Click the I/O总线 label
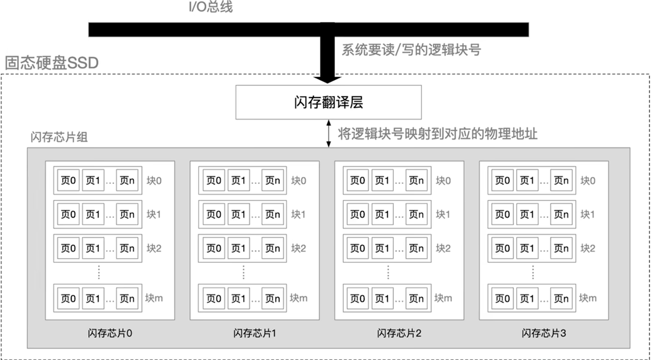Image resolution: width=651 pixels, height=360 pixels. (x=211, y=7)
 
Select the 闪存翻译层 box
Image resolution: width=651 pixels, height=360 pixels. (x=328, y=102)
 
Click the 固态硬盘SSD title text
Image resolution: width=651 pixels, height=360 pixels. (x=52, y=63)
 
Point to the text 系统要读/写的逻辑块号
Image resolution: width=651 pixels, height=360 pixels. (x=411, y=50)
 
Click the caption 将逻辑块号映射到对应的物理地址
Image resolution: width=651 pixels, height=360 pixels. (x=437, y=134)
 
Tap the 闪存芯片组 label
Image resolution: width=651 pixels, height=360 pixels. (x=59, y=137)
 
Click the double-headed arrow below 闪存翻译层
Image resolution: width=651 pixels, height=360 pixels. (x=328, y=133)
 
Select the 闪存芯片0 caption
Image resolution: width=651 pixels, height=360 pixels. (x=110, y=333)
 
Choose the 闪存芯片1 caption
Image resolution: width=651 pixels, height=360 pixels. (x=255, y=333)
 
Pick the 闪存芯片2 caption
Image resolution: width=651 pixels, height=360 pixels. (x=399, y=333)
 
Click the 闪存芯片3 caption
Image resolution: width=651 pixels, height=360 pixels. (x=544, y=333)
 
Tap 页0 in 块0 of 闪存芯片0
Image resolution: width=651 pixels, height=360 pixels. (x=68, y=180)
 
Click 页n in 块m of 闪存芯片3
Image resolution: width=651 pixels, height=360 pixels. (x=561, y=298)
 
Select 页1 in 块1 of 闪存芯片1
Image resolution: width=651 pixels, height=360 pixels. (x=239, y=214)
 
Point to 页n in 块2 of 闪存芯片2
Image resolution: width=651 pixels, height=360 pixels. (x=416, y=249)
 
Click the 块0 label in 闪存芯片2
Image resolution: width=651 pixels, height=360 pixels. (x=443, y=181)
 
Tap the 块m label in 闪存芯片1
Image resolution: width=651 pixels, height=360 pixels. (x=298, y=298)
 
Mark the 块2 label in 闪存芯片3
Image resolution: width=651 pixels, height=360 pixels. (x=588, y=249)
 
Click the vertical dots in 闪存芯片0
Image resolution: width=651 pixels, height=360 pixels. (x=99, y=273)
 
